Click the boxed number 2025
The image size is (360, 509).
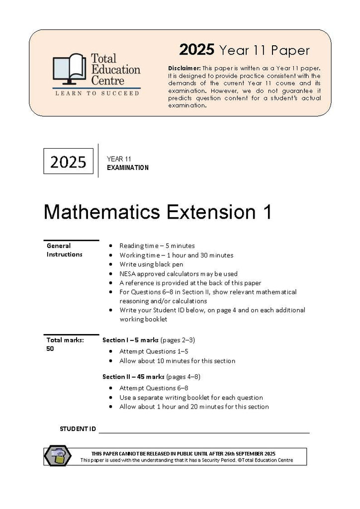pos(68,162)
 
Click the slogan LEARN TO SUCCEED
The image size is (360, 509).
pos(97,93)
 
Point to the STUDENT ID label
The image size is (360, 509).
pos(78,428)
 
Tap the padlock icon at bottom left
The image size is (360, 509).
pos(58,456)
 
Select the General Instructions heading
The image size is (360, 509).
pos(65,250)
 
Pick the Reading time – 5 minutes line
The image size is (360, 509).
pos(157,246)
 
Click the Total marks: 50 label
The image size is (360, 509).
pos(65,344)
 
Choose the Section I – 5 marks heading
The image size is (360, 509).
pos(130,340)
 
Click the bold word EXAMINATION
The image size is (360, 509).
pos(128,168)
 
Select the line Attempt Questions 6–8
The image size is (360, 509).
pos(154,388)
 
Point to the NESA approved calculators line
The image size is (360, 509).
pos(179,274)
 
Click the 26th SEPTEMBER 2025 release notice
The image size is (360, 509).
pos(183,453)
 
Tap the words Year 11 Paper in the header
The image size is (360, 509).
pos(264,50)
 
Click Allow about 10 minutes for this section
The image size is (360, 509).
pos(178,361)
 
